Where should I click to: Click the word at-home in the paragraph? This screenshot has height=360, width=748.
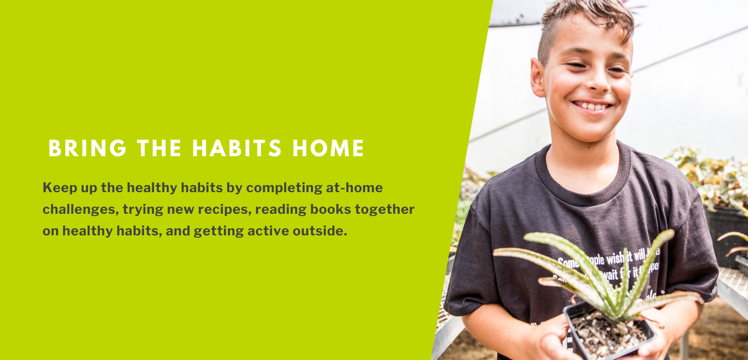pyautogui.click(x=354, y=188)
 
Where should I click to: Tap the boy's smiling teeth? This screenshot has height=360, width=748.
pyautogui.click(x=592, y=105)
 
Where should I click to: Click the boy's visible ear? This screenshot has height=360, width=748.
pyautogui.click(x=537, y=78)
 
